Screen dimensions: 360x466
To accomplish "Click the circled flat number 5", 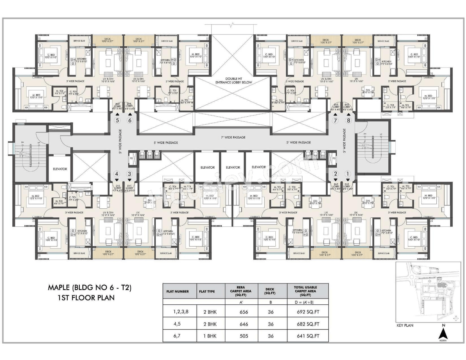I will click(x=117, y=120).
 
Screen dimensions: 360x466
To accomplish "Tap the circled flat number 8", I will click(x=349, y=121).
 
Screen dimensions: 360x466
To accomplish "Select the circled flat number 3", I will click(x=130, y=174).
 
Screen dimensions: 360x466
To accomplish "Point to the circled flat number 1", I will click(x=348, y=174).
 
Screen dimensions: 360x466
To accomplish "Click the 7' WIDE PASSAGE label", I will click(x=233, y=138).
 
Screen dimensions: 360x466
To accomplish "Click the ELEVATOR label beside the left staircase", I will click(x=60, y=169).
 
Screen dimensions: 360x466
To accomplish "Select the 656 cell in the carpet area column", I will click(x=243, y=312).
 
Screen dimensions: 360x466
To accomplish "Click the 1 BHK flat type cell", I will click(x=210, y=336).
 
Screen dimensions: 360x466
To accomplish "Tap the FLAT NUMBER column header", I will click(x=178, y=291).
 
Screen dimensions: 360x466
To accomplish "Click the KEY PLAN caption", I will click(x=405, y=325).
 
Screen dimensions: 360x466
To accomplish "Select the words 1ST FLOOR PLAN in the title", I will click(x=86, y=298).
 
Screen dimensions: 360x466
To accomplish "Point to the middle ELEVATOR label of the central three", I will click(x=233, y=167).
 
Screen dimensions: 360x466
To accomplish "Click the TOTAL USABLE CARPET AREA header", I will click(x=306, y=291).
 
